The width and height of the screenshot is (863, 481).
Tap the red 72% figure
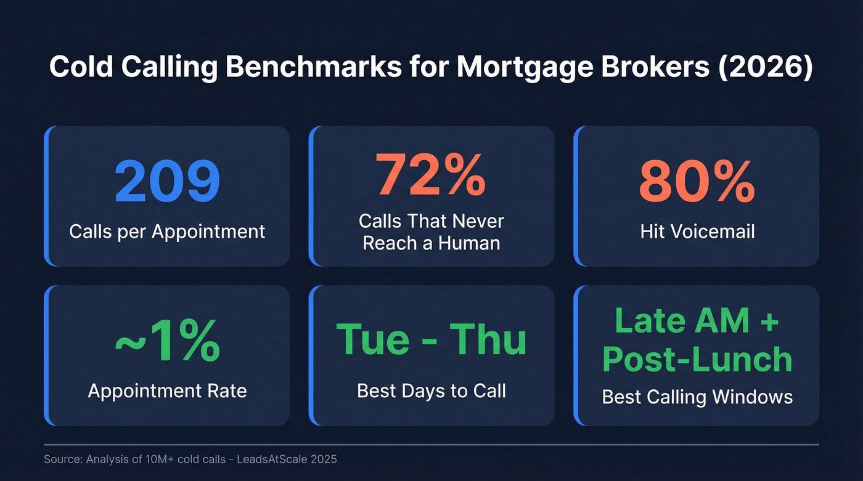[431, 174]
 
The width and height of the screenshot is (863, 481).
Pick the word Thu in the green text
[488, 339]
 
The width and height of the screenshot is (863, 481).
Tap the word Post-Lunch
[697, 359]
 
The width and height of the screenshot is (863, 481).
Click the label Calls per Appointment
[167, 232]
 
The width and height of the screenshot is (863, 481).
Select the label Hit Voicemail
[697, 232]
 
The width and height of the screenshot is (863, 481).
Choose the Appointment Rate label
[167, 390]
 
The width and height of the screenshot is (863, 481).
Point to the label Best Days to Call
[431, 390]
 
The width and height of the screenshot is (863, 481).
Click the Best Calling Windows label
[697, 397]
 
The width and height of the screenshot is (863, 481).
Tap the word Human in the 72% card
[469, 243]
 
